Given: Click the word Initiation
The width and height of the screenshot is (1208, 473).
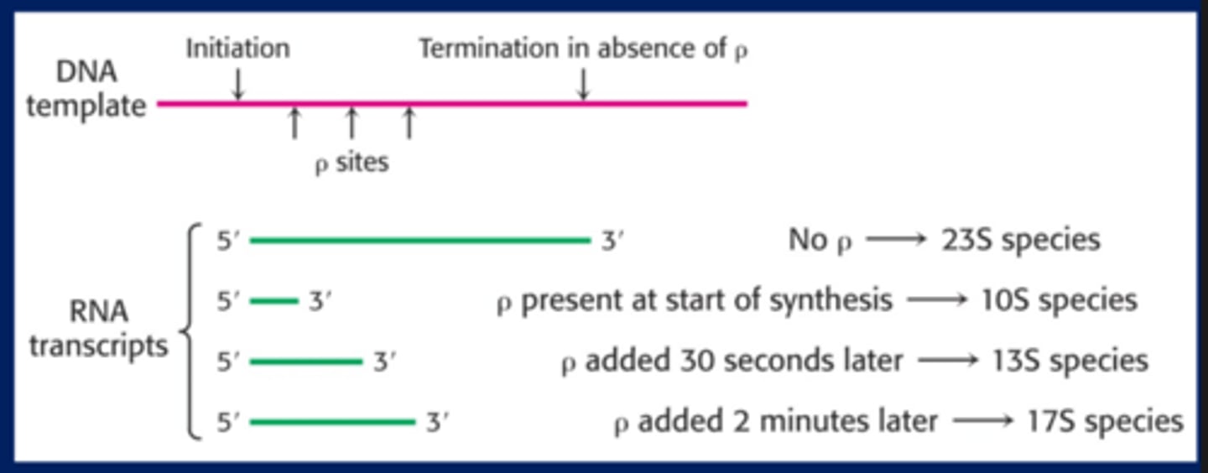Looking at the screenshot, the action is (238, 49).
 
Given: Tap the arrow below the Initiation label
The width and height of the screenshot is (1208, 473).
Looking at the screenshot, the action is (238, 84).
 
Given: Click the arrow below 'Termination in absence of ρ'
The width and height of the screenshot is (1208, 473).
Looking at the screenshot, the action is (582, 84).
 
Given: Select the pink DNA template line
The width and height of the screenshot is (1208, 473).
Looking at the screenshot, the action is (452, 103).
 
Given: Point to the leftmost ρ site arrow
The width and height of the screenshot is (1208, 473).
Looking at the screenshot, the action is (294, 123).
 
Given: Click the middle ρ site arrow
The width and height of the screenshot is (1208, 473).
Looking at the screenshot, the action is (351, 123).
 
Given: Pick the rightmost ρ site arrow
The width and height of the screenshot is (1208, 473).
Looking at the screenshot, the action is (409, 123).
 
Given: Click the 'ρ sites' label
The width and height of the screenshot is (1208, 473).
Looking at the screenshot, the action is (351, 163).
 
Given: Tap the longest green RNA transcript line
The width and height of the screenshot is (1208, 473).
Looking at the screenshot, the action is (420, 240).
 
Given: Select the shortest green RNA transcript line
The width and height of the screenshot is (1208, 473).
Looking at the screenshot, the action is (274, 301).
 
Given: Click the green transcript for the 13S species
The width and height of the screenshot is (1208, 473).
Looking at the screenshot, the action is (306, 361).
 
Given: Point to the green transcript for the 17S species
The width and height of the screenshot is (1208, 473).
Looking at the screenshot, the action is (333, 422).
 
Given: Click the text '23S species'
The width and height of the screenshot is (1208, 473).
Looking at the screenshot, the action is (1020, 240).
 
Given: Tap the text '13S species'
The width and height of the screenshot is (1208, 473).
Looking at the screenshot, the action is (1070, 361).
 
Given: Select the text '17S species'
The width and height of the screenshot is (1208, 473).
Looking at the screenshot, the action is (1106, 421).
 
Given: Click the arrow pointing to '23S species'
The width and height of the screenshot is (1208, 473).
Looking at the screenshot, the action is (896, 240).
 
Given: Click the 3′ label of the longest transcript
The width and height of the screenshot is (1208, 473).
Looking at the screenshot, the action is (612, 241).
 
